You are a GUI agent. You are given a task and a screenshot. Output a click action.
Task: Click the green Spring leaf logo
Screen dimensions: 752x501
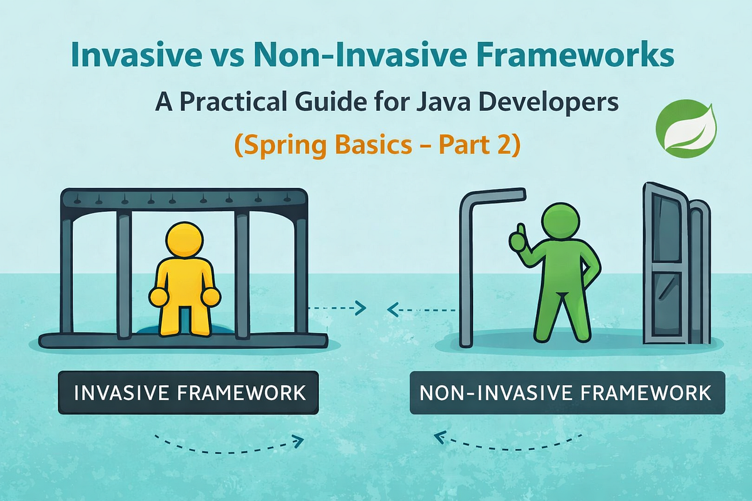[686, 128]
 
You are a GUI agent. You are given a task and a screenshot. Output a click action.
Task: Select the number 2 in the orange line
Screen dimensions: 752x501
[503, 145]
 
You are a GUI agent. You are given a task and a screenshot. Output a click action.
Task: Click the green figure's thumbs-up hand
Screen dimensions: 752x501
[518, 240]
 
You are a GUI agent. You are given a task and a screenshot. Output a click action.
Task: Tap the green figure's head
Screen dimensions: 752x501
[561, 222]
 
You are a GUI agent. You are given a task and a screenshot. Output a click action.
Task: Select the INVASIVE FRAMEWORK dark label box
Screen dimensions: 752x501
[189, 392]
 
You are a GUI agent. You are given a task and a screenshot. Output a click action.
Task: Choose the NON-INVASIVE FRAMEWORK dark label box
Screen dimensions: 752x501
[567, 392]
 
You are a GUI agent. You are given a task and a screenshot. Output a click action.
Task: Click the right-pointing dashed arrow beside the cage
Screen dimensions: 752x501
[337, 308]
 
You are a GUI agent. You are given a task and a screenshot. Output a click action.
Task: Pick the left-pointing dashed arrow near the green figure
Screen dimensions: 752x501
[421, 310]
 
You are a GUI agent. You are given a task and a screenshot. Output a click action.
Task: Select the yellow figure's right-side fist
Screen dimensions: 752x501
[211, 297]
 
